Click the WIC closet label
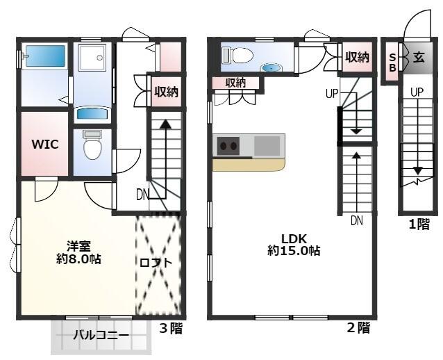pyautogui.click(x=45, y=145)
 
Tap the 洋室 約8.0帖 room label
pyautogui.click(x=78, y=252)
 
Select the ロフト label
pyautogui.click(x=156, y=263)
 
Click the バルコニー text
pyautogui.click(x=101, y=336)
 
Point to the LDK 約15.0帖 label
pyautogui.click(x=294, y=245)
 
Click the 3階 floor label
pyautogui.click(x=171, y=328)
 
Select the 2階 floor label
pyautogui.click(x=358, y=328)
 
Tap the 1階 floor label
pyautogui.click(x=419, y=224)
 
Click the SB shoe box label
pyautogui.click(x=393, y=63)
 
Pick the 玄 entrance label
pyautogui.click(x=419, y=58)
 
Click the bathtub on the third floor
pyautogui.click(x=46, y=56)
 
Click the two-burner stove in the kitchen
pyautogui.click(x=228, y=146)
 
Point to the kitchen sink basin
pyautogui.click(x=267, y=145)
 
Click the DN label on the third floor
pyautogui.click(x=142, y=195)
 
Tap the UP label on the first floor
pyautogui.click(x=417, y=92)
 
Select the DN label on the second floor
pyautogui.click(x=356, y=220)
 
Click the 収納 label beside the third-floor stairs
pyautogui.click(x=166, y=92)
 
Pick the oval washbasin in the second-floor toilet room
pyautogui.click(x=271, y=67)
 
